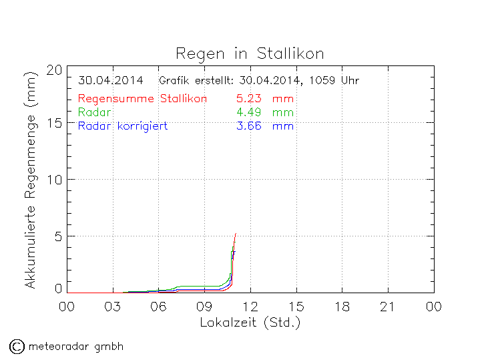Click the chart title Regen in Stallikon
click(x=250, y=53)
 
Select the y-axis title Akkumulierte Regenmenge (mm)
click(x=30, y=190)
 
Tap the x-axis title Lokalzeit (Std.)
click(x=250, y=323)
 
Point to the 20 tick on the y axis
click(x=55, y=69)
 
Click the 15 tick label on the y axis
click(x=55, y=123)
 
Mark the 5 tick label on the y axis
click(x=59, y=236)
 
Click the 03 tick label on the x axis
click(x=112, y=307)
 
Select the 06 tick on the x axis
click(x=158, y=307)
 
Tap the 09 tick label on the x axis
click(x=204, y=307)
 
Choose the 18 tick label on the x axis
click(x=342, y=307)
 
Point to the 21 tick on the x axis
click(x=388, y=307)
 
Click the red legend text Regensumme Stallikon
click(x=142, y=99)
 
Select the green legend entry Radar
click(x=94, y=112)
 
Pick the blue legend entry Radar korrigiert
click(x=123, y=126)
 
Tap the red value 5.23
click(x=248, y=99)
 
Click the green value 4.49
click(x=248, y=112)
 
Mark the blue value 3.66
click(x=248, y=126)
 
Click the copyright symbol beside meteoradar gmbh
click(x=17, y=346)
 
